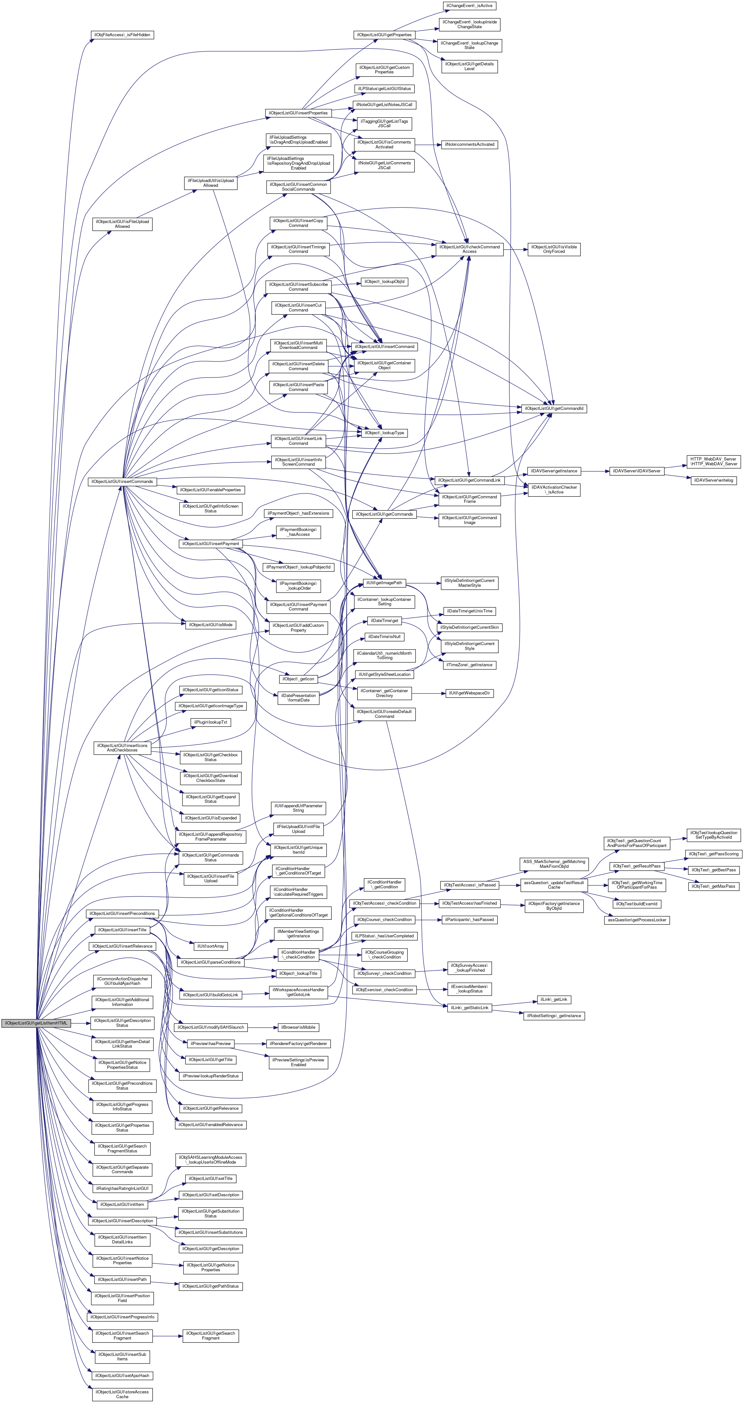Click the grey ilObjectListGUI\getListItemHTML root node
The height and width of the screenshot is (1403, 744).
(36, 1023)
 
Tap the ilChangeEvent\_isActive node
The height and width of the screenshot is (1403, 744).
(469, 5)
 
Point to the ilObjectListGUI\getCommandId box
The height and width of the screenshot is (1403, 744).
(554, 409)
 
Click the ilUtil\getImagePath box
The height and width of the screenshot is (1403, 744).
(384, 583)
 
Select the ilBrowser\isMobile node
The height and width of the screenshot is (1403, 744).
(298, 1027)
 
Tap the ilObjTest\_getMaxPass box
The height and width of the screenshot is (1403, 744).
(713, 886)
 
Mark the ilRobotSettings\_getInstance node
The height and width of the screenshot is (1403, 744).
(554, 1016)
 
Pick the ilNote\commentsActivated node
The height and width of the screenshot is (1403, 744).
(469, 144)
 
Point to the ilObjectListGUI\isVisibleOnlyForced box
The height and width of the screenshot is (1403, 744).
(554, 249)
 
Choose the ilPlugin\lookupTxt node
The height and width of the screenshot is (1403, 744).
(211, 722)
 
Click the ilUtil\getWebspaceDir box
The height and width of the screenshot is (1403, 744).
(469, 693)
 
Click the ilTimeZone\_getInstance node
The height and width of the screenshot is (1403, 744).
(469, 665)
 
